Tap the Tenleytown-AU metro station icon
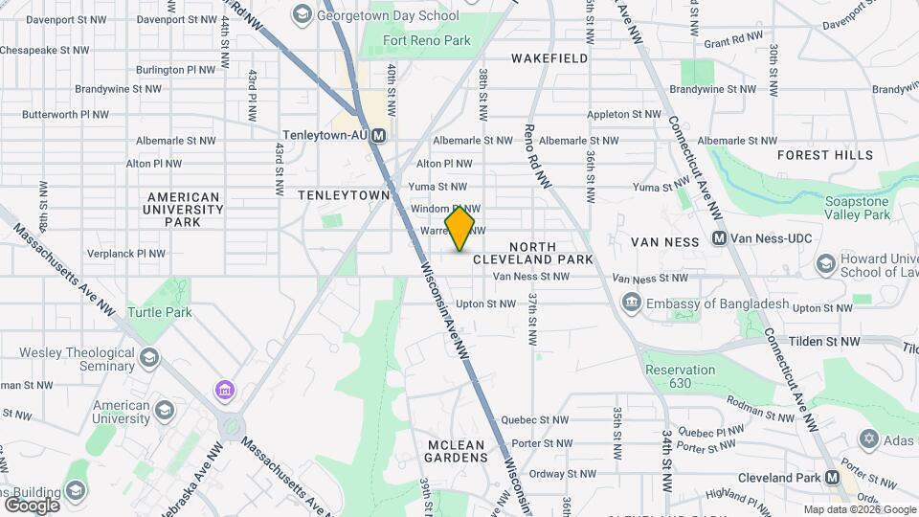tap(380, 136)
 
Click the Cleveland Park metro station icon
tap(832, 477)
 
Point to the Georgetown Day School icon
tap(303, 14)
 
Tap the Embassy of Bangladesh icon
tap(632, 304)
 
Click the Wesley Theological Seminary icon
tap(148, 358)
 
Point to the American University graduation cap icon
tap(165, 411)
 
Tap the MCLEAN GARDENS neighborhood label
tap(458, 450)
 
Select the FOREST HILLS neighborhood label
tap(825, 155)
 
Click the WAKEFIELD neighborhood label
tap(549, 58)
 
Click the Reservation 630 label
tap(681, 376)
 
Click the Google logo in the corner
tap(32, 505)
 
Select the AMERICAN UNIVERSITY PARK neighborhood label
tap(183, 209)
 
